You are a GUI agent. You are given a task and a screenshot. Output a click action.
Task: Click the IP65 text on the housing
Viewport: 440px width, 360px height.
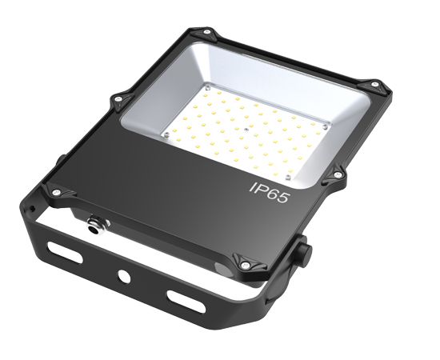(271, 190)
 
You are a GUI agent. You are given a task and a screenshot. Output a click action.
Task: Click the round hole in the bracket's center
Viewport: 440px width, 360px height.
(125, 276)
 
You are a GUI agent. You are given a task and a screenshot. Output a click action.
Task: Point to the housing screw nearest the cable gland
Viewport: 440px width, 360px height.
(57, 191)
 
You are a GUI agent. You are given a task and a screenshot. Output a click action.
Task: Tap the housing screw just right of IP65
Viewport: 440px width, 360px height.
(337, 170)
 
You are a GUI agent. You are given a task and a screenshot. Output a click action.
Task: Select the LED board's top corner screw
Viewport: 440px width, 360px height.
(207, 85)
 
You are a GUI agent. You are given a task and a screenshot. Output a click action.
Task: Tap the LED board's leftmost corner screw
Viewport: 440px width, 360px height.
(166, 135)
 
